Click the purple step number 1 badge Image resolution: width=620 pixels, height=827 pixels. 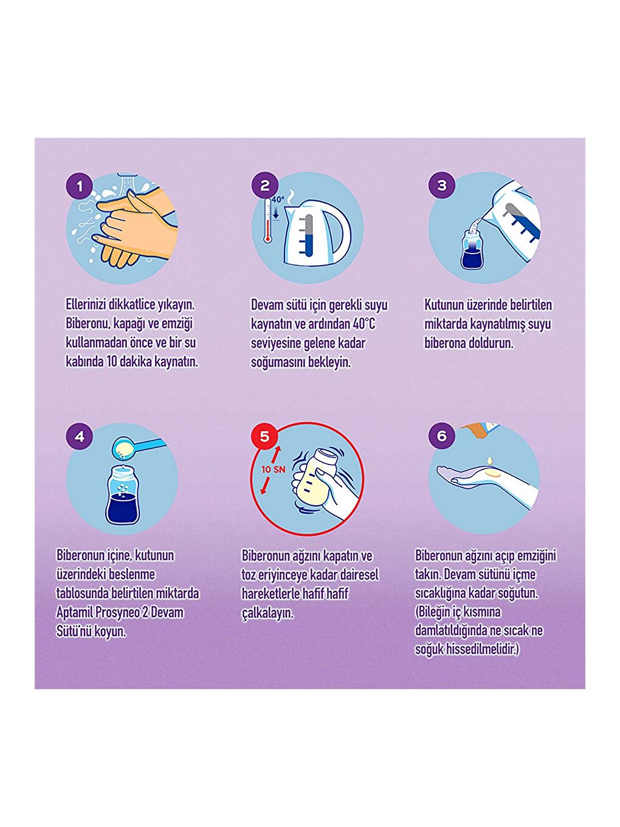click(x=80, y=185)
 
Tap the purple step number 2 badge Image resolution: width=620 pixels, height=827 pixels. click(x=265, y=185)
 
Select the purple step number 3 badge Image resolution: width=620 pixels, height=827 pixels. click(x=442, y=185)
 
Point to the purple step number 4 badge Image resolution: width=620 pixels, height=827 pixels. click(x=80, y=436)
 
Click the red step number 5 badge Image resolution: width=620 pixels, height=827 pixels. click(x=265, y=436)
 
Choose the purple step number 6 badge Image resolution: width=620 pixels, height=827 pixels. click(x=442, y=436)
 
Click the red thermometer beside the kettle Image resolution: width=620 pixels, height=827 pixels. click(x=267, y=220)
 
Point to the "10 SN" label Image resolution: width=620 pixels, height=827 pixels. click(x=274, y=470)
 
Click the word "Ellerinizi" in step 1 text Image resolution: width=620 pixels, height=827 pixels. click(x=86, y=305)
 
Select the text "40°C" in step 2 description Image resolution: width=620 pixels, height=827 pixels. click(x=364, y=324)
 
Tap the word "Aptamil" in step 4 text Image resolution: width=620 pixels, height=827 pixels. click(x=74, y=612)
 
